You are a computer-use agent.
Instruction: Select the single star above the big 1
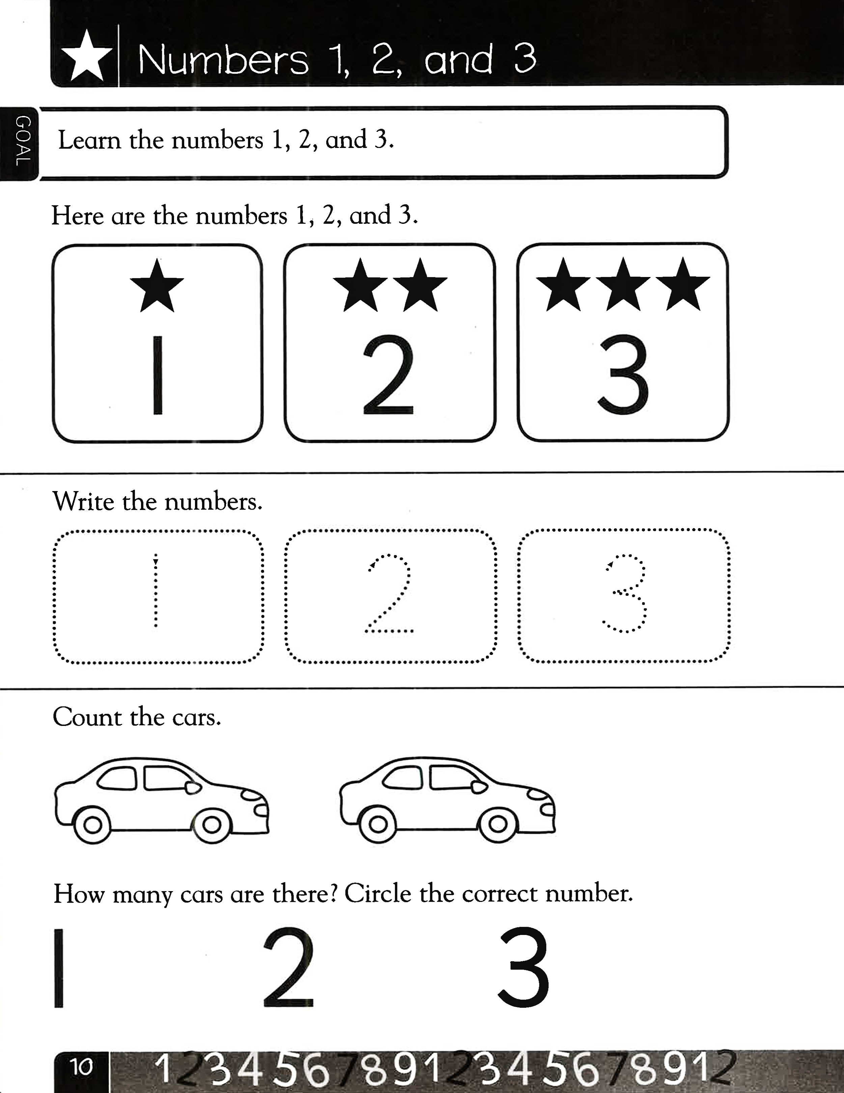pyautogui.click(x=157, y=287)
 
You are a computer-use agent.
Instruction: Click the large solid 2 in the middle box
pyautogui.click(x=388, y=376)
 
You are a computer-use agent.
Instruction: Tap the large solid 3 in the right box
pyautogui.click(x=623, y=376)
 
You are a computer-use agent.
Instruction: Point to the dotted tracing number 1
pyautogui.click(x=156, y=590)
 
